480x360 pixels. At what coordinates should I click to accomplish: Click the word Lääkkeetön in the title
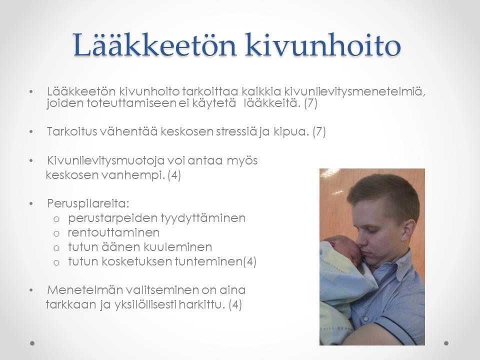154,45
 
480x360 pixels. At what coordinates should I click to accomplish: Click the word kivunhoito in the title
323,45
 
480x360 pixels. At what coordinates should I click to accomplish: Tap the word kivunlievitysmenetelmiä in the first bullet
355,91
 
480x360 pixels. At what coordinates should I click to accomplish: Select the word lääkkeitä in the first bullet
272,103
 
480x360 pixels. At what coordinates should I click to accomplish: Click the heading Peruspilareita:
88,204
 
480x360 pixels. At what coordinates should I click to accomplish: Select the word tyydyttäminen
203,218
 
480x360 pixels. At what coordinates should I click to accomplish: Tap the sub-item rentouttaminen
113,232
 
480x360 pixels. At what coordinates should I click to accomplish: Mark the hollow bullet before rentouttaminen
56,233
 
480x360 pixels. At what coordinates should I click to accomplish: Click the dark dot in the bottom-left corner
32,343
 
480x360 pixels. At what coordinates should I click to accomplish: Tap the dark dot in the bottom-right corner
446,343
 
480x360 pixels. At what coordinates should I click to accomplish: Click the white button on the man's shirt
366,318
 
